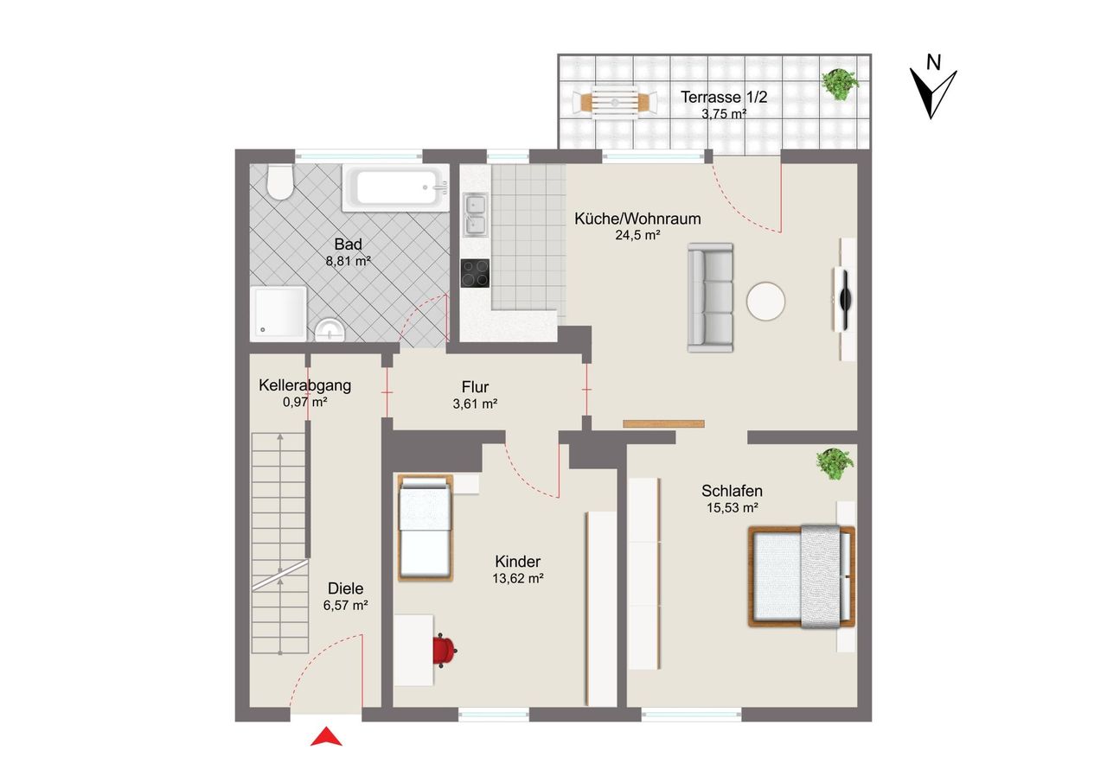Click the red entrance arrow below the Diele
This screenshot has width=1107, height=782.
(x=326, y=736)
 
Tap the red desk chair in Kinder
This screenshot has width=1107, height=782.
(x=445, y=652)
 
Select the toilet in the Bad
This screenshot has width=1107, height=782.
(x=280, y=181)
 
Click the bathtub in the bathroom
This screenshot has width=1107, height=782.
(x=396, y=188)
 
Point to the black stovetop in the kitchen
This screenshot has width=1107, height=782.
(x=475, y=273)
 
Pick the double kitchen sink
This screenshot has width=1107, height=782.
(x=475, y=215)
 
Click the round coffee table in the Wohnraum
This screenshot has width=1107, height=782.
(x=765, y=302)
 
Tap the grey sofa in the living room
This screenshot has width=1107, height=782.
(x=711, y=298)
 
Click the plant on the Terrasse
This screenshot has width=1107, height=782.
(x=839, y=85)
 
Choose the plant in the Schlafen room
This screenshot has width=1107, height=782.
(x=835, y=463)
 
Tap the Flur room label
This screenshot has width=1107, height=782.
(x=476, y=386)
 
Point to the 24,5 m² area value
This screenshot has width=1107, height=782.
(x=637, y=236)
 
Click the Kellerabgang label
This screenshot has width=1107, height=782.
(x=305, y=385)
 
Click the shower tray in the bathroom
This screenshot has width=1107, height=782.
(x=278, y=314)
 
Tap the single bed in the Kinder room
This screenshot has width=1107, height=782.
(x=426, y=528)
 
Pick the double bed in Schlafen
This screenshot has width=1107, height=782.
(x=802, y=576)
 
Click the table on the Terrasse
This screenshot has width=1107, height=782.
(x=615, y=103)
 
